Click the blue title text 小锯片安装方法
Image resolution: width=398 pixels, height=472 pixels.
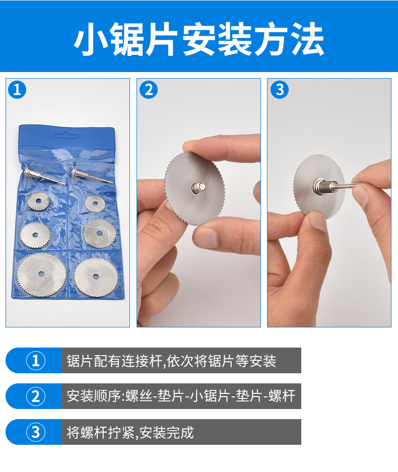198,39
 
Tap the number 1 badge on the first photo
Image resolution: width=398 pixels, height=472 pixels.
17,89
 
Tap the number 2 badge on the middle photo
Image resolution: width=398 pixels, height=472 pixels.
149,89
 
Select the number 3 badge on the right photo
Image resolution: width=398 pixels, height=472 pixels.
280,89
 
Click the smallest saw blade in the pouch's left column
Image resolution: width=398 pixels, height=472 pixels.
39,201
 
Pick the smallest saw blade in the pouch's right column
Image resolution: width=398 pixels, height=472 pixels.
95,204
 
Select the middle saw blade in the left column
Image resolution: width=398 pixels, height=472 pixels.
36,235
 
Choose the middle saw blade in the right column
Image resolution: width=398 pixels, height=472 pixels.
99,233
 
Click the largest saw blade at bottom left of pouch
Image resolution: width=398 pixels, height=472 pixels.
41,274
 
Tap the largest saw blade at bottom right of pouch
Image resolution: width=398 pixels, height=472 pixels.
96,277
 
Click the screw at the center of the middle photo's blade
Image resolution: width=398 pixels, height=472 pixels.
198,187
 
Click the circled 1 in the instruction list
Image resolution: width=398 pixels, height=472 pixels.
36,361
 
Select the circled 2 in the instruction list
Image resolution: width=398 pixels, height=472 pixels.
36,396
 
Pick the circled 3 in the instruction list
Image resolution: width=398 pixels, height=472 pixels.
36,432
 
